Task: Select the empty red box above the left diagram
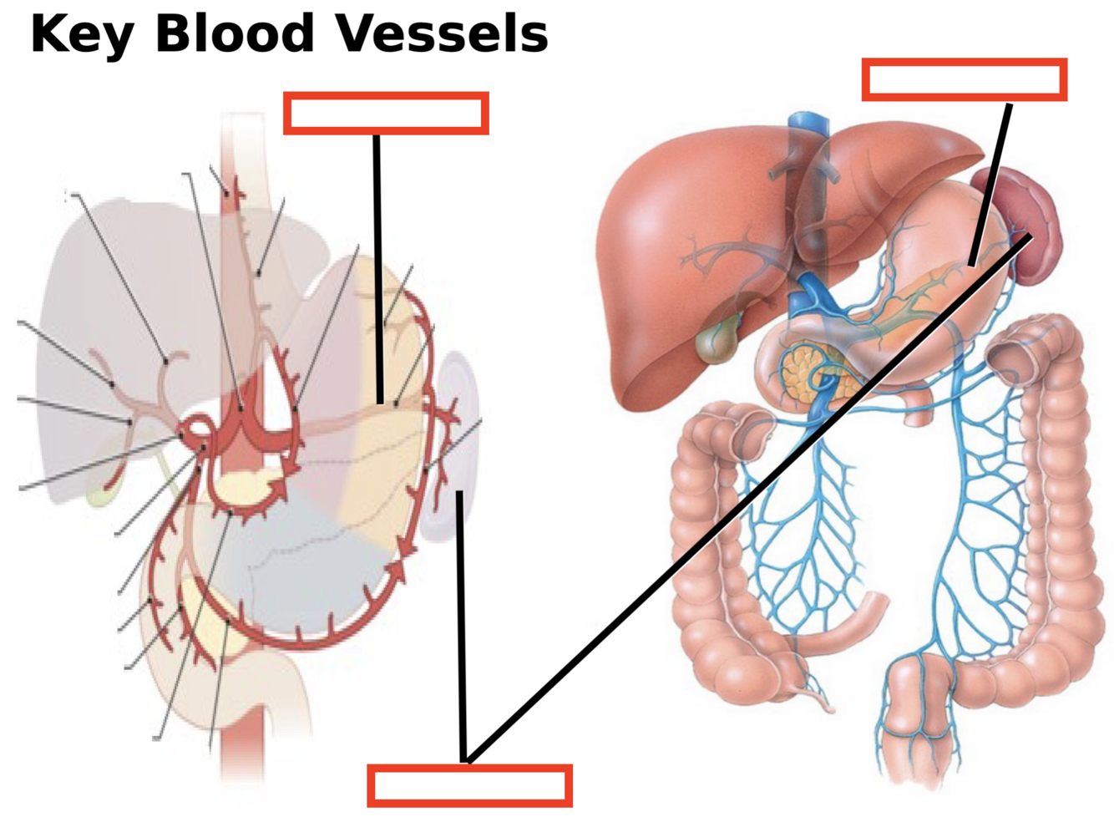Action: (386, 113)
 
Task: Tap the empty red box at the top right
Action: (964, 80)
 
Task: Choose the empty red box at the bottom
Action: (469, 785)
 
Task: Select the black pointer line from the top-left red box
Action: (377, 267)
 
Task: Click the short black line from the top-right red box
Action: (991, 184)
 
